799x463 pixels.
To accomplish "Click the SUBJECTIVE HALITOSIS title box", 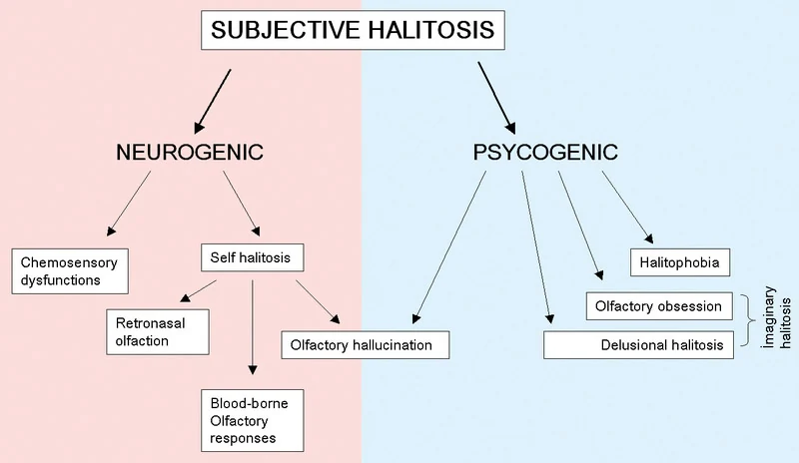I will tap(352, 31).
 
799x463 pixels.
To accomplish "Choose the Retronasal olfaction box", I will tap(158, 331).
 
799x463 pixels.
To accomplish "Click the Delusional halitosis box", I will tap(640, 345).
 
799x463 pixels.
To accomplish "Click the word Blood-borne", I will tap(241, 403).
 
